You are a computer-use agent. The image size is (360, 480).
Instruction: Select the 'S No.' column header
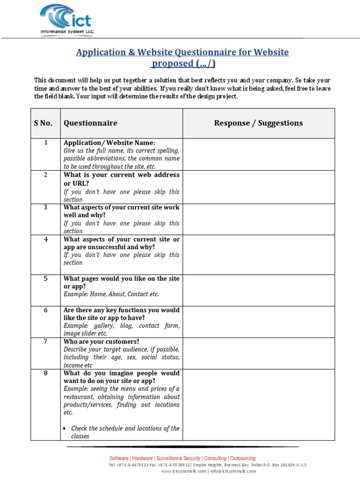coord(43,123)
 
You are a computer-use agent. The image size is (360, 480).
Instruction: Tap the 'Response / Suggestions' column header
coord(258,123)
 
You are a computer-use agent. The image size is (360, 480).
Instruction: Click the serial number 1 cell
coord(45,142)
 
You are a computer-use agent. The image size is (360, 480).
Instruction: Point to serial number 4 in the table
coord(45,240)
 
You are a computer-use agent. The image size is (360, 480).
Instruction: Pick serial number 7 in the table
coord(45,341)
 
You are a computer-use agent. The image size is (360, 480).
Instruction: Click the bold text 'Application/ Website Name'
coord(108,142)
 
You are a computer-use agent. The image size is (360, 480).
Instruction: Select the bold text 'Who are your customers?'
coord(101,341)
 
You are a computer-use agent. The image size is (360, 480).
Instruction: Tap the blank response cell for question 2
coord(258,187)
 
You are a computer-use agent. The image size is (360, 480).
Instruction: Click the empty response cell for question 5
coord(258,290)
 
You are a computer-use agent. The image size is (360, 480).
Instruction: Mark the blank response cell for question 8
coord(258,404)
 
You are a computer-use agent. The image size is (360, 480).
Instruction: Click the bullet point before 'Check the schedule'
coord(65,428)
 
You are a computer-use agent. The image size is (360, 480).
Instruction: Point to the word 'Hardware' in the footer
coord(142,458)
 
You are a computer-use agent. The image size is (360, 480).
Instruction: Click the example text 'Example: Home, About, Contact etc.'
coord(111,294)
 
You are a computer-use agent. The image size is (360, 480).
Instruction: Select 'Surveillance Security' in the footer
coord(178,458)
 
